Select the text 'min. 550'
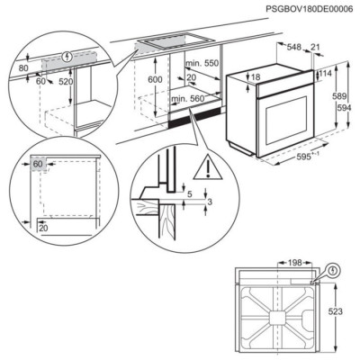tap(203, 66)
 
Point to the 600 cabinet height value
tap(155, 79)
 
